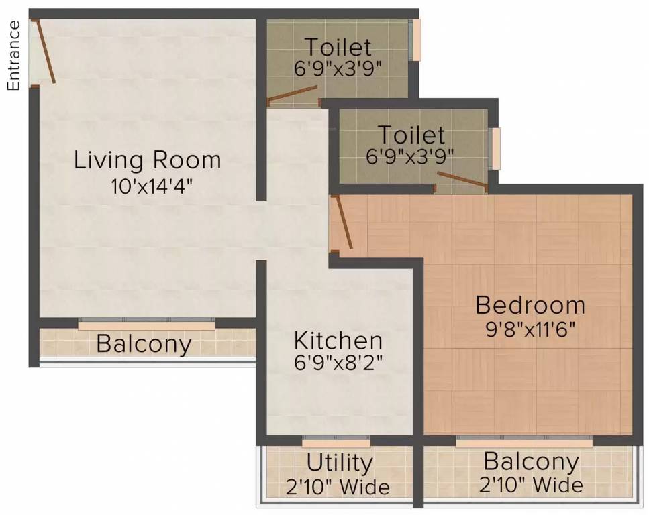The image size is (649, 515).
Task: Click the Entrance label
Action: pos(13,56)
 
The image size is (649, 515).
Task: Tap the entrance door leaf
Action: pos(46,52)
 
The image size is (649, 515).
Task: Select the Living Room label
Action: pos(148,160)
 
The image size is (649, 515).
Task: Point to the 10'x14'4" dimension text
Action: pos(152,186)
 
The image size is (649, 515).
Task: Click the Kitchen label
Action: pos(338,341)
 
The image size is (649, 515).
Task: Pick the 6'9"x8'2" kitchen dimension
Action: pos(338,363)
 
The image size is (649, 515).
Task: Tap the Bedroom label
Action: pos(530,305)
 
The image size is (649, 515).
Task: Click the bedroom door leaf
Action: pos(344,223)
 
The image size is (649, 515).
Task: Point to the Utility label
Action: pos(340,463)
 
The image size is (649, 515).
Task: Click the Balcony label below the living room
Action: pos(144,344)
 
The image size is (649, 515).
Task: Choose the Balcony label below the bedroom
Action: pos(531,461)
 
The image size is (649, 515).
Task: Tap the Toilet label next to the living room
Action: pos(338,47)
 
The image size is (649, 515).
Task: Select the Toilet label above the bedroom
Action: pos(411,134)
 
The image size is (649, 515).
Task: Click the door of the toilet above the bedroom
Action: pos(462,180)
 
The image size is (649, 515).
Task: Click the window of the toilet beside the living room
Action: pos(415,40)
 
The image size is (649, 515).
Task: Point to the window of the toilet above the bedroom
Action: pos(495,148)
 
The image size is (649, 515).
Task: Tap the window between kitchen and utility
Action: pos(336,441)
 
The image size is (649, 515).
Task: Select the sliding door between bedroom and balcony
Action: pos(524,441)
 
